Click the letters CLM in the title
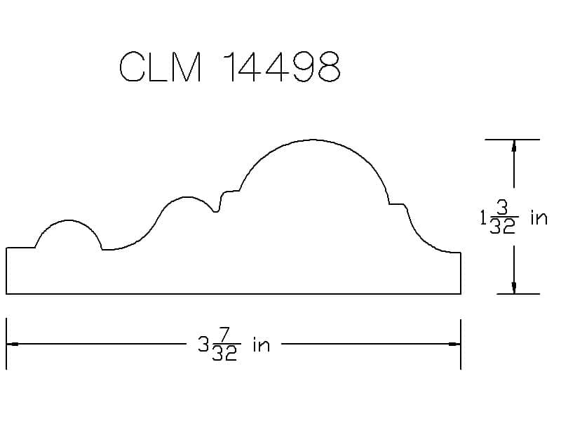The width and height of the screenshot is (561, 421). click(x=160, y=67)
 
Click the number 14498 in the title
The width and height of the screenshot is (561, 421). click(x=283, y=67)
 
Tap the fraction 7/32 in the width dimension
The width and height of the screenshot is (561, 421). click(x=225, y=345)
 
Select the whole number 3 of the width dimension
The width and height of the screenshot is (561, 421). click(x=203, y=345)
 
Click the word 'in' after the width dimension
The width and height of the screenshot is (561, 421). click(x=261, y=345)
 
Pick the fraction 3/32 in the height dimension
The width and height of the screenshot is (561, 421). click(x=503, y=218)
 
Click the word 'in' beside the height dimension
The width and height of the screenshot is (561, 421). click(x=539, y=218)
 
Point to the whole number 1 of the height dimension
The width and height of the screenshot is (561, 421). click(x=483, y=218)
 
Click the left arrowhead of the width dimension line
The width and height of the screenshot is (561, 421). click(x=12, y=345)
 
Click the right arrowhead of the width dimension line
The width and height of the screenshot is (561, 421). click(x=454, y=345)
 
